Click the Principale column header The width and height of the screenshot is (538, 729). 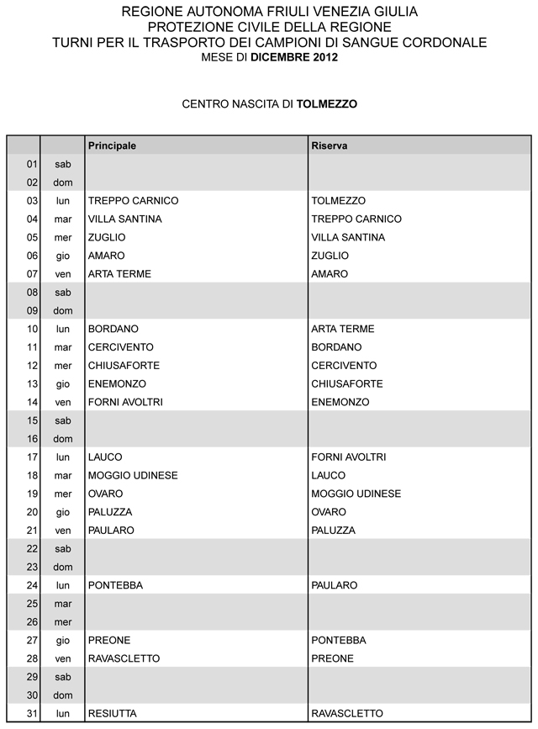pos(112,145)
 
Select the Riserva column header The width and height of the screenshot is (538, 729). pos(330,145)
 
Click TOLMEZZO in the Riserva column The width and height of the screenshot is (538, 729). pos(338,201)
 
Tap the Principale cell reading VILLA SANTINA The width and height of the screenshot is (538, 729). pos(124,219)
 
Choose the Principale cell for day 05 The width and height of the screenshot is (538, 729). pos(107,238)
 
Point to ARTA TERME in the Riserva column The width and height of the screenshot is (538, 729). pos(342,329)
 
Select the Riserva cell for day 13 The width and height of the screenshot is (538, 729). pos(346,384)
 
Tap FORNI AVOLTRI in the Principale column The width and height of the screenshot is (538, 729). pos(125,403)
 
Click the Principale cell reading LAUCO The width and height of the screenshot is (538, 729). pos(105,457)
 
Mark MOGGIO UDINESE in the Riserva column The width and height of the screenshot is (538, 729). pos(356,494)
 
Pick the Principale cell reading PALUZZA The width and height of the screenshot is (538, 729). pos(110,512)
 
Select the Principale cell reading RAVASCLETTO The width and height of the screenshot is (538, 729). pos(124,658)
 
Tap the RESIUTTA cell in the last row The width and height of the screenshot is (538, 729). pos(112,714)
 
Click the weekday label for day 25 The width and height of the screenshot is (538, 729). pos(63,604)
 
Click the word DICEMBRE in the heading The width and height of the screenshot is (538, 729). pos(284,57)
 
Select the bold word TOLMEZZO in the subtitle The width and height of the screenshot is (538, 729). pos(327,104)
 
